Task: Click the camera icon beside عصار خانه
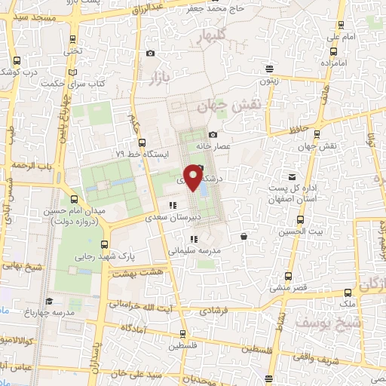[213, 134]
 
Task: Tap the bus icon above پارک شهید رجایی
[103, 244]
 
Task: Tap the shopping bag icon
[244, 237]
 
